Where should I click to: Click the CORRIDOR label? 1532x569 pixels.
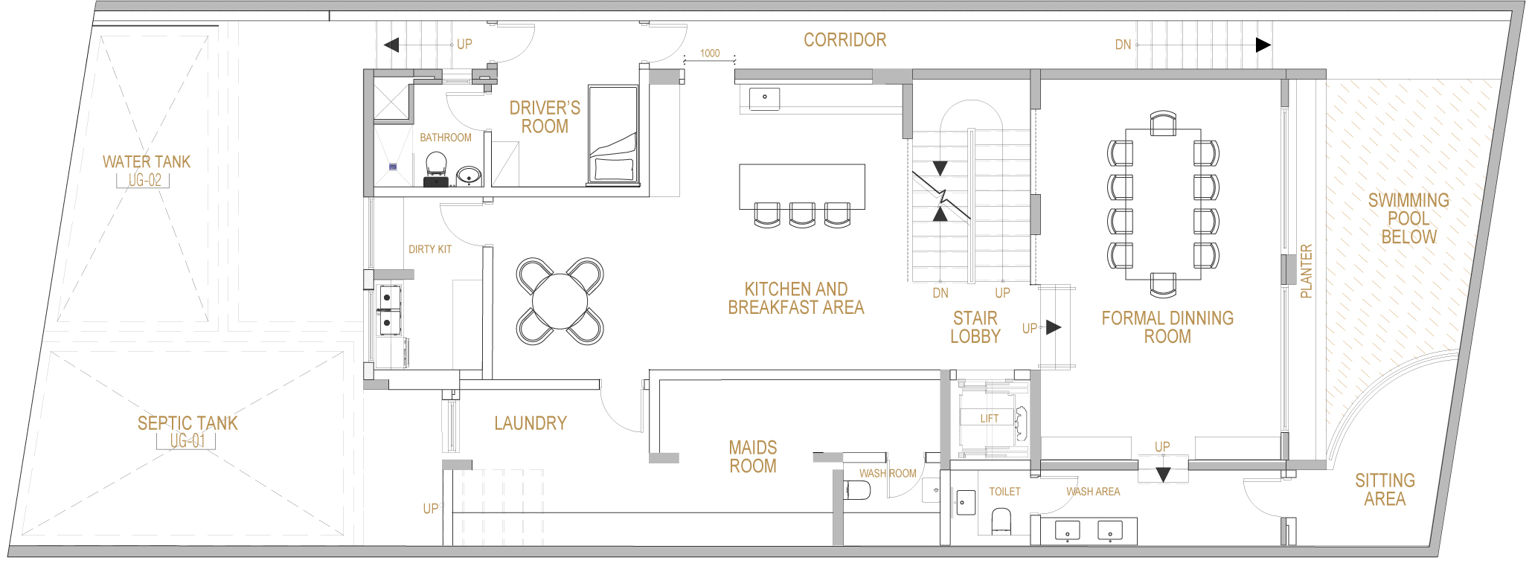(844, 40)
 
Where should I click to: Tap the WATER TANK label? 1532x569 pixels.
(147, 162)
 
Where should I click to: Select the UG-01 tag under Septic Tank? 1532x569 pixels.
(187, 441)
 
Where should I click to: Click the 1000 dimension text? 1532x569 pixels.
(710, 54)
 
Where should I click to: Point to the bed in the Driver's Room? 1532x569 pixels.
(613, 135)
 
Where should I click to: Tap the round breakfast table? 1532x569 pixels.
(560, 301)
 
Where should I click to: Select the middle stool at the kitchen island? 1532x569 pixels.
(802, 214)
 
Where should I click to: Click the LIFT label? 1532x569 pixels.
(990, 419)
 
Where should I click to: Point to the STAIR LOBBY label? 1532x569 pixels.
(975, 327)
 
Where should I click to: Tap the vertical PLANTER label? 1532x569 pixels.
(1306, 271)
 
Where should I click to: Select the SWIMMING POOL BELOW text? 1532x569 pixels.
(1408, 219)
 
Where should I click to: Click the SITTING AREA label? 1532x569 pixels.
(1385, 490)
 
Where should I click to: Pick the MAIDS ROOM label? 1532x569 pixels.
(753, 457)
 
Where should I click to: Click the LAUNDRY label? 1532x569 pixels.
(531, 423)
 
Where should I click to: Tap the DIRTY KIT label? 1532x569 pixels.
(430, 249)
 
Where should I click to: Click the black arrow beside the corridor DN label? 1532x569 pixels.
(1263, 45)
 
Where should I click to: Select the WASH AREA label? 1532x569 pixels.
(1093, 492)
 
